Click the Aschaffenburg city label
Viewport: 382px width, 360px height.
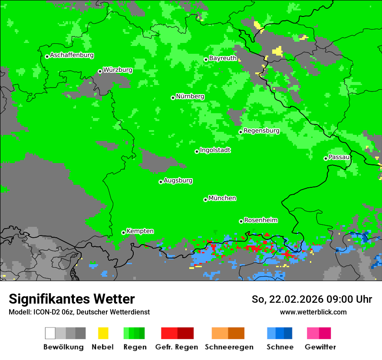click(x=72, y=55)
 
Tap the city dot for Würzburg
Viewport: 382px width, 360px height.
click(x=100, y=71)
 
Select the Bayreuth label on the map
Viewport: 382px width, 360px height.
click(x=223, y=58)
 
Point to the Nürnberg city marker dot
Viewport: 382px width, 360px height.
click(x=173, y=98)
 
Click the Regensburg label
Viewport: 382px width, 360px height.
click(x=261, y=131)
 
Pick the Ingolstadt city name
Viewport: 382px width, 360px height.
click(x=215, y=150)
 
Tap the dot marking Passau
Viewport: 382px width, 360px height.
click(x=326, y=158)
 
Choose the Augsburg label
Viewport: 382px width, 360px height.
click(x=178, y=180)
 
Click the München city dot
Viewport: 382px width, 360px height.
click(x=205, y=200)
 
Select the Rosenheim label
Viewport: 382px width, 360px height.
click(x=260, y=220)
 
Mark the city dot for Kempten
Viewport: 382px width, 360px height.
click(x=123, y=232)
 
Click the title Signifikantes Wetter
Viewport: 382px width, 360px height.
click(x=72, y=299)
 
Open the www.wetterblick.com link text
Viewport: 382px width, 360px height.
click(x=313, y=312)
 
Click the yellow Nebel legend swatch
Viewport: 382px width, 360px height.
click(x=103, y=333)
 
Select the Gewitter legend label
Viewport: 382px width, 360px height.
click(x=320, y=347)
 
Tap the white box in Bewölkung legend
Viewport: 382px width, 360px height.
click(x=50, y=333)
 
